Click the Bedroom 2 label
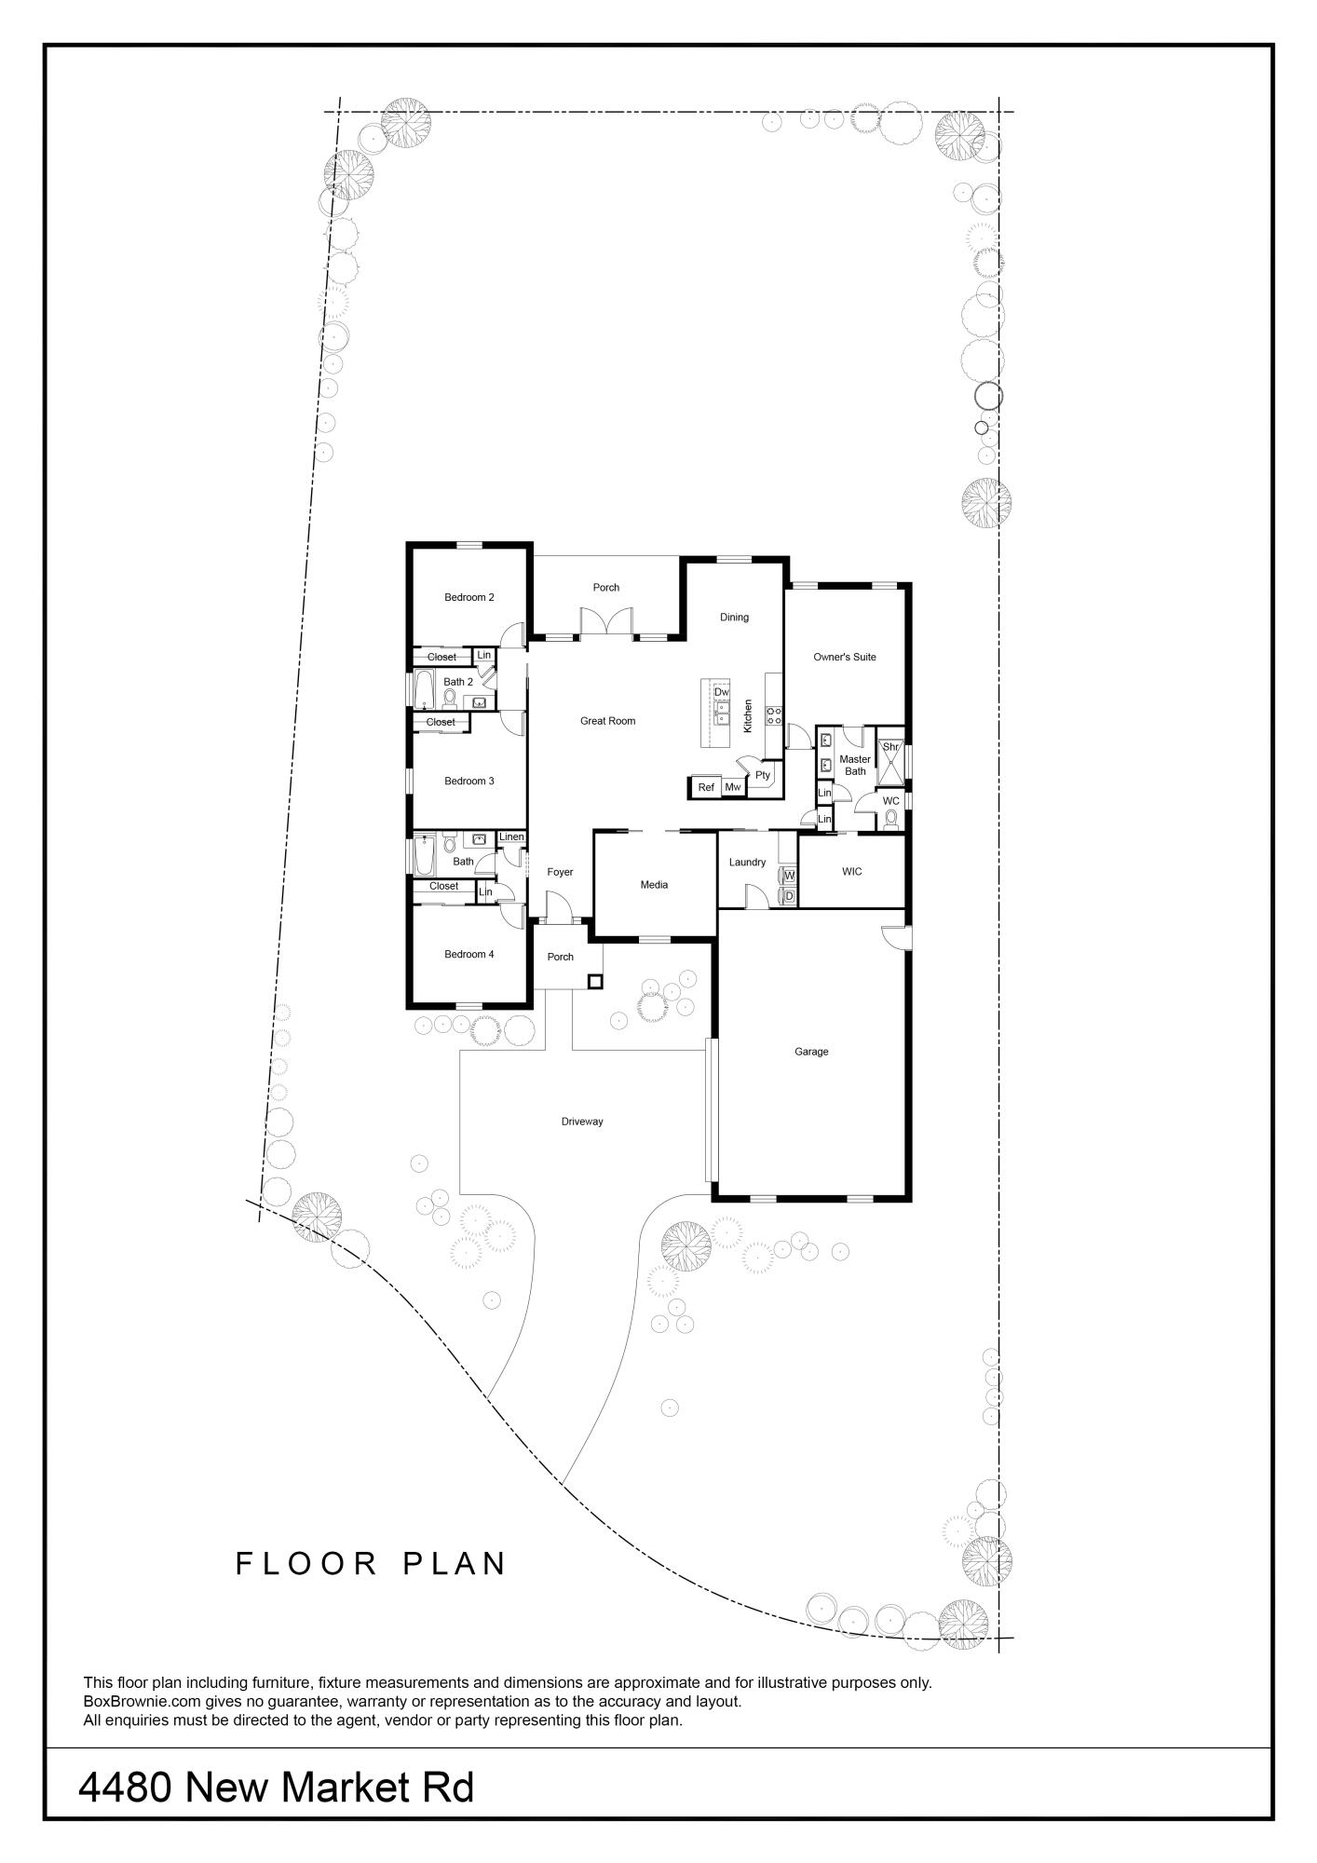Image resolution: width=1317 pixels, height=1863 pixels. coord(468,597)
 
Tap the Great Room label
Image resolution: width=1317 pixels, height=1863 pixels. coord(607,721)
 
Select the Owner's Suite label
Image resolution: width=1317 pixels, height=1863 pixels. coord(844,657)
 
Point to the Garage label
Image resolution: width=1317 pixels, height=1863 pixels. coord(810,1052)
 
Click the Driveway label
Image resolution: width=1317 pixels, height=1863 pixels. coord(582,1122)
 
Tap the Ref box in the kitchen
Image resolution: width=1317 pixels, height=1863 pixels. coord(706,788)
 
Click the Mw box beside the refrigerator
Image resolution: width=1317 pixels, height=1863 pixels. coord(733,788)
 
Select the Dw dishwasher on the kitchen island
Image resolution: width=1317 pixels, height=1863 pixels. coord(722,692)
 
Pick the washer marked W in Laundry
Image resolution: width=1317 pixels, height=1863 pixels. coord(789,876)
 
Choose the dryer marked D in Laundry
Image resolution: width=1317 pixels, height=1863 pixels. coord(789,896)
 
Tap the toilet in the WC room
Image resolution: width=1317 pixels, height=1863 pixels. coord(890,820)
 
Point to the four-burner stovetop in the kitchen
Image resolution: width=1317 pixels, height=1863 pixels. coord(774,715)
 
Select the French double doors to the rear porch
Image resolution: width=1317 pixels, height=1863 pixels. coord(605,622)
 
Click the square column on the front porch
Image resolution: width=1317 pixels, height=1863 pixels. coord(595,981)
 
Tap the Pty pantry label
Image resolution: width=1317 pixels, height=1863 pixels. coord(763,775)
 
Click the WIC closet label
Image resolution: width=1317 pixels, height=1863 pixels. coord(851,872)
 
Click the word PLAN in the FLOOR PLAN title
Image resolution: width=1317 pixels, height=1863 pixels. coord(455,1564)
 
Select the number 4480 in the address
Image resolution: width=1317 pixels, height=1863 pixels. coord(124,1788)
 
